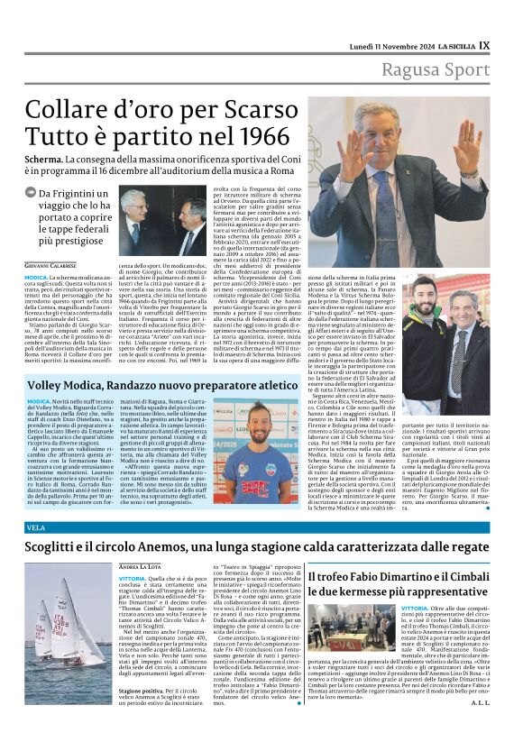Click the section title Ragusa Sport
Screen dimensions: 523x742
tap(436, 69)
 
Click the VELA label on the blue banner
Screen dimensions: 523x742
tap(36, 527)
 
